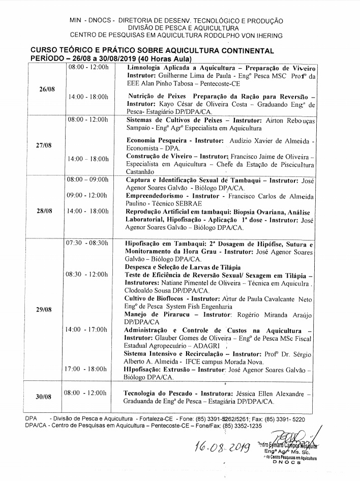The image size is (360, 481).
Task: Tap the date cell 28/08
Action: click(x=46, y=211)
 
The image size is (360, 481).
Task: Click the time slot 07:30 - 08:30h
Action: click(x=86, y=244)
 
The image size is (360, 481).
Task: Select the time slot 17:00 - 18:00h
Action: click(x=86, y=369)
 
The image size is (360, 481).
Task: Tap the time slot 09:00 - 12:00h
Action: click(x=86, y=195)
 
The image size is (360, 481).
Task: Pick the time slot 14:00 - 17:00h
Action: click(x=86, y=330)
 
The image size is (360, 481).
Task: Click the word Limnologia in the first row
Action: click(x=147, y=68)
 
